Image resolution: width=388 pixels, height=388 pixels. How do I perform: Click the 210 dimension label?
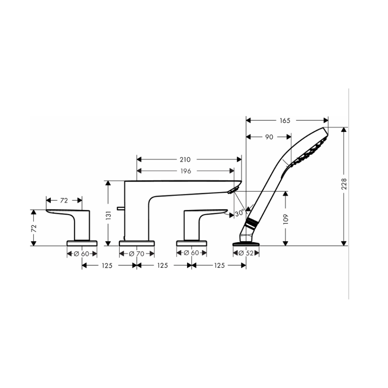[x=185, y=159]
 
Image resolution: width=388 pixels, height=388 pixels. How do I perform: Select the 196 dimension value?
[x=185, y=171]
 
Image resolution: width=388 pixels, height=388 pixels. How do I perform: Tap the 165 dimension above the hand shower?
[x=285, y=121]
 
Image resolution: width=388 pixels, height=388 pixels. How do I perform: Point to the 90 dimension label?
[x=269, y=137]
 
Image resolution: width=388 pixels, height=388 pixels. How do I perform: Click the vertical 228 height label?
[x=344, y=184]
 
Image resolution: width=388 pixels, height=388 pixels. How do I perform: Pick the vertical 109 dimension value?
[x=286, y=219]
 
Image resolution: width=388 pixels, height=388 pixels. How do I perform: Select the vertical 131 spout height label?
[x=108, y=215]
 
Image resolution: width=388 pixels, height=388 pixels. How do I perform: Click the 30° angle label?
[x=239, y=213]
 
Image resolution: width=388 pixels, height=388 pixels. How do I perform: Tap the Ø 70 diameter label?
[x=137, y=254]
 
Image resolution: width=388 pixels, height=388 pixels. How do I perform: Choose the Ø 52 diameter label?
[x=246, y=253]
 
